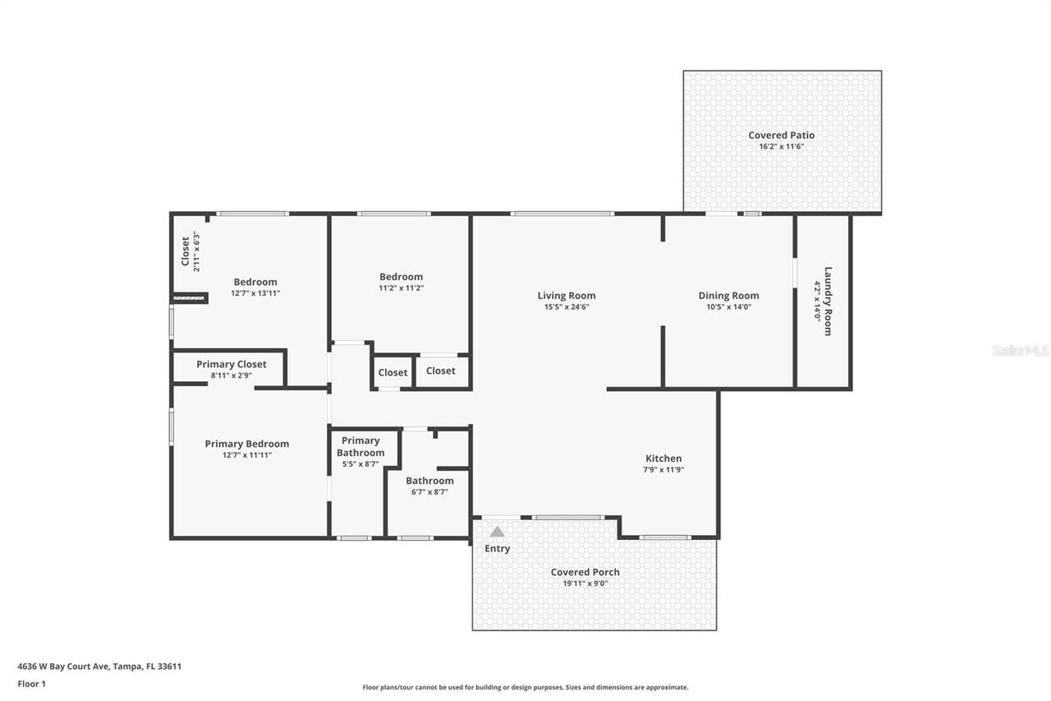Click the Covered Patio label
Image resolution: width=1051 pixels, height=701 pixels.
click(x=781, y=136)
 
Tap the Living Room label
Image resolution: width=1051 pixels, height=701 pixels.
click(x=567, y=296)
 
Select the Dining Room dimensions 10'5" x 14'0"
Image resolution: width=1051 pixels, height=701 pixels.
click(x=728, y=307)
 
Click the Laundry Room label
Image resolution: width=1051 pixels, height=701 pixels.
click(x=828, y=301)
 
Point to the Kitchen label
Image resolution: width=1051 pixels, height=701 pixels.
click(x=663, y=459)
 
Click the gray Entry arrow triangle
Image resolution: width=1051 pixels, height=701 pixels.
click(x=497, y=532)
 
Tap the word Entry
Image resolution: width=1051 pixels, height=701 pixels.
click(x=497, y=549)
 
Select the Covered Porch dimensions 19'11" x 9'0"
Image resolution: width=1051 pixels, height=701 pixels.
click(x=585, y=583)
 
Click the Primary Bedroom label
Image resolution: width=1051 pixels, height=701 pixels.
click(x=246, y=444)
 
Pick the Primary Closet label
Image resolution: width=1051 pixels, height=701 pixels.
click(x=231, y=364)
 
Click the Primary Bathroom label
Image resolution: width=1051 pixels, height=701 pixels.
click(x=360, y=446)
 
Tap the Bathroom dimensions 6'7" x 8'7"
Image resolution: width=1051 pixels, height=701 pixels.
click(x=429, y=492)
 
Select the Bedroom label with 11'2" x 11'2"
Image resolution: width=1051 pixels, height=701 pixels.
click(x=401, y=277)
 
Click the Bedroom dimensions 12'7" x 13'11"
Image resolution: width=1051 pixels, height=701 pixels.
click(x=255, y=293)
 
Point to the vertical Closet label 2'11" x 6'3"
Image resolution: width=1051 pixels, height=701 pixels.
click(x=185, y=251)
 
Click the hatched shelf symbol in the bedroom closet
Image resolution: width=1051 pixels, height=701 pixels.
click(x=189, y=298)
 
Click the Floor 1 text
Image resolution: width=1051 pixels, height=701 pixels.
click(x=31, y=684)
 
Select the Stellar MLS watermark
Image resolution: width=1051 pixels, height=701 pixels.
click(x=1020, y=350)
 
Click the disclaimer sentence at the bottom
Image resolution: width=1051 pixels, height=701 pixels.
click(x=525, y=687)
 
